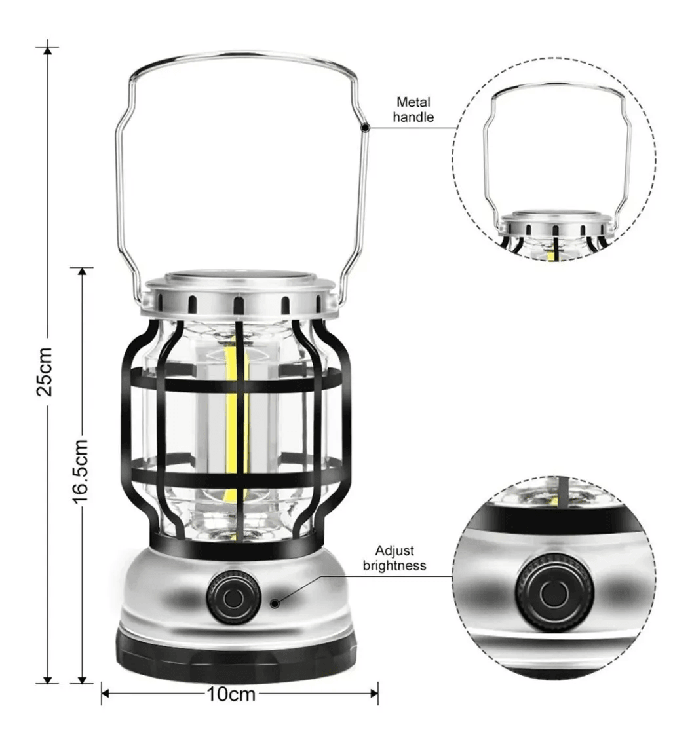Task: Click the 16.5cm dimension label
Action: pos(80,471)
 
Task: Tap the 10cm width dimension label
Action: pos(231,694)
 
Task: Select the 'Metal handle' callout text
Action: pos(413,109)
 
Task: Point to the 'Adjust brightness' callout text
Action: pos(394,557)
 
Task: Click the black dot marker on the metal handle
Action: pos(365,128)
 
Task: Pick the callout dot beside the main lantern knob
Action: pos(275,603)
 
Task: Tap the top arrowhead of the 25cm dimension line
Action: pos(47,50)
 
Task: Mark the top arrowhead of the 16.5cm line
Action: pos(82,270)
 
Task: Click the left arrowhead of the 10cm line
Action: pos(105,694)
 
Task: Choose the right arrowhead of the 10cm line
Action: pos(374,694)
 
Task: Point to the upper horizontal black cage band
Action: pos(236,380)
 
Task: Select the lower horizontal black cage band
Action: pos(236,473)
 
